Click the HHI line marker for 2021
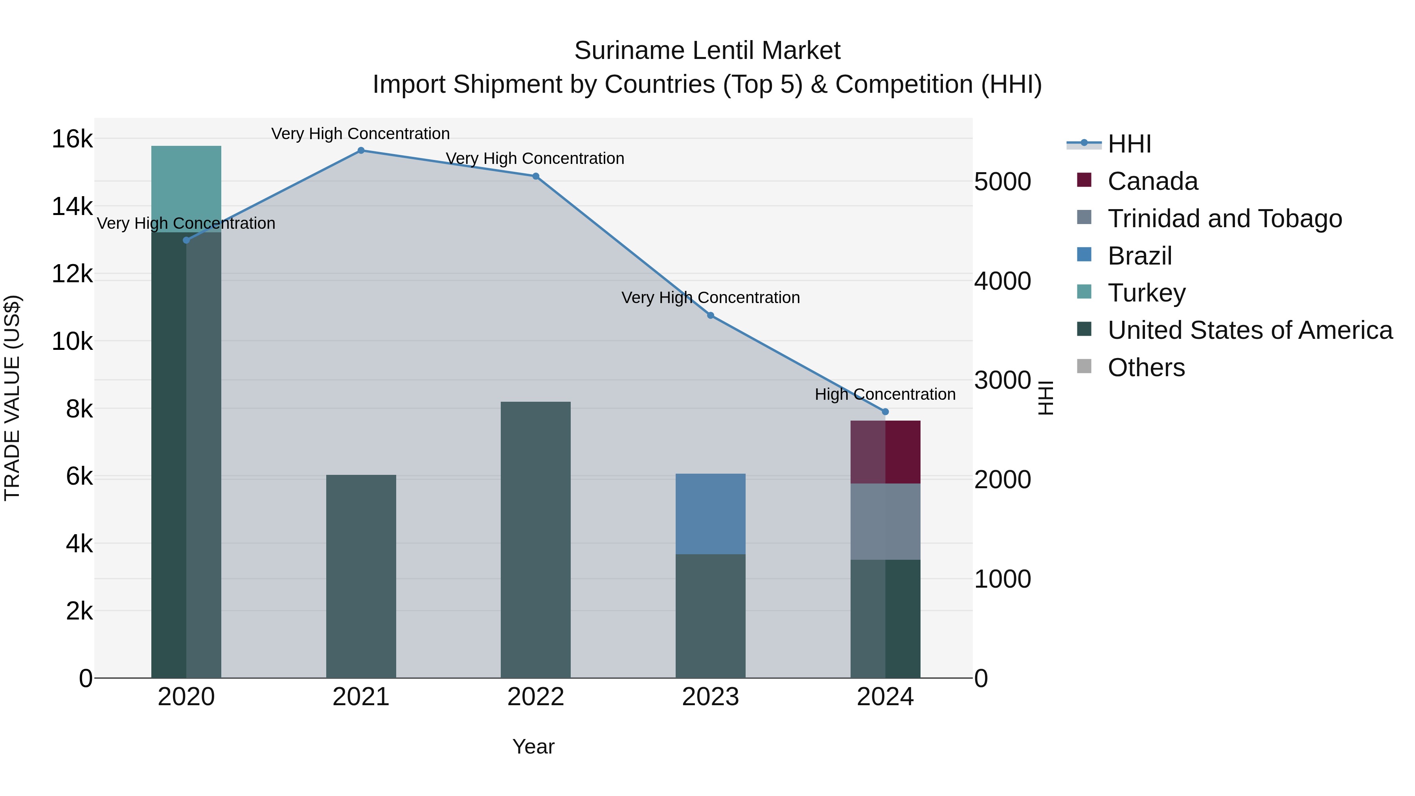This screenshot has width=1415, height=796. (361, 151)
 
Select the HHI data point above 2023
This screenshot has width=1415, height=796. (710, 315)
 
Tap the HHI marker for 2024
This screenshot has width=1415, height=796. (885, 412)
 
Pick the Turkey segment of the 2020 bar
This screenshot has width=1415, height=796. (186, 189)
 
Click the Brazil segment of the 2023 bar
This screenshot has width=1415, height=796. (710, 514)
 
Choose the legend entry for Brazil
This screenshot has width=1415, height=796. (1140, 256)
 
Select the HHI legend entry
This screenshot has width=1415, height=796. (1129, 144)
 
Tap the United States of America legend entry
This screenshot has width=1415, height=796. (1250, 330)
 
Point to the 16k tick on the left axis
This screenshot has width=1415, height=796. (72, 139)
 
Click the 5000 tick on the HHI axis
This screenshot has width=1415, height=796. (1002, 182)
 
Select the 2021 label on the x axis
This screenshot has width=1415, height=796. (361, 697)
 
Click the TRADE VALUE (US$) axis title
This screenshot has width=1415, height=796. (12, 398)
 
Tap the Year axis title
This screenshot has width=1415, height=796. (533, 746)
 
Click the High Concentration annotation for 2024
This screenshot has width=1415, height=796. (885, 394)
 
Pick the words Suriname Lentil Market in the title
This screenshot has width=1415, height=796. (707, 51)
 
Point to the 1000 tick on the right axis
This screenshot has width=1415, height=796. (1002, 579)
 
